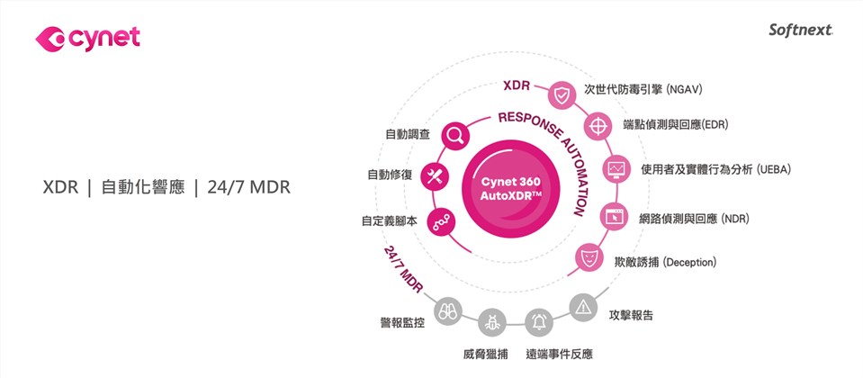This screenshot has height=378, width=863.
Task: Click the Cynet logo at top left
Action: (x=87, y=38)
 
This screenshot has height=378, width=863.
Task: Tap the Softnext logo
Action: (x=801, y=31)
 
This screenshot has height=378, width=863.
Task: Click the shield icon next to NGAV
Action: (x=562, y=94)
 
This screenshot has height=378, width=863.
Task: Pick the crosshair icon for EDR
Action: (x=598, y=125)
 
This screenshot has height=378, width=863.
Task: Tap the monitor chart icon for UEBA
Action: (x=617, y=169)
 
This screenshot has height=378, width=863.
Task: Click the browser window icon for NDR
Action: (x=615, y=217)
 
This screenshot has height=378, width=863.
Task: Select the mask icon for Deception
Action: (x=589, y=258)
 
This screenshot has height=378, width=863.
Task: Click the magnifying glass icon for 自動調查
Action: (x=455, y=135)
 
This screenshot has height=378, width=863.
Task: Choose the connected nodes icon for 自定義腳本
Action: (x=442, y=220)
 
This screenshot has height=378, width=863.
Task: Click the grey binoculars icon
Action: (x=448, y=311)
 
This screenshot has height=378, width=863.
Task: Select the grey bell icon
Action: (x=539, y=319)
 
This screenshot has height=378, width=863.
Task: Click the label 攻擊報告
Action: (x=631, y=316)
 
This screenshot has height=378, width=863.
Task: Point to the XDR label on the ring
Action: (x=517, y=87)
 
